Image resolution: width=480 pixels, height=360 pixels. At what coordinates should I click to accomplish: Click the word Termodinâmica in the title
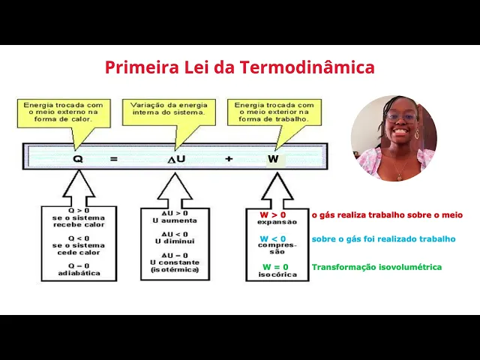[x=307, y=67]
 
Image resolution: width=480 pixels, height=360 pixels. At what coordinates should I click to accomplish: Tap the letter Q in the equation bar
[x=78, y=159]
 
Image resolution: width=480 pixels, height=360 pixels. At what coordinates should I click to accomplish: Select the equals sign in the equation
[x=115, y=159]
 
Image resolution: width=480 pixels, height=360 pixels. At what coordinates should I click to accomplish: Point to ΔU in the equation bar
[x=176, y=159]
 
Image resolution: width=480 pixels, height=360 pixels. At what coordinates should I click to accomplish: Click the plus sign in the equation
[x=229, y=159]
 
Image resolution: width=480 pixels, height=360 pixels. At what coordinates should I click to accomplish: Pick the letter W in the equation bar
[x=273, y=159]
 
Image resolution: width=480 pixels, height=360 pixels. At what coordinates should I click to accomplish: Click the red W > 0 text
[x=273, y=215]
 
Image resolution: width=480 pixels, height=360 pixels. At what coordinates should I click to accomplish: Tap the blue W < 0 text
[x=273, y=239]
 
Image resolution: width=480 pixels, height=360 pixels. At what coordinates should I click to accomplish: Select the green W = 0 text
[x=275, y=267]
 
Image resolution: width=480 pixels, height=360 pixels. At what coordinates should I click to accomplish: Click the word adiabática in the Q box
[x=79, y=273]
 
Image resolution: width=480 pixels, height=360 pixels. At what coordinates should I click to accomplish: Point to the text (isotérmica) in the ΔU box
[x=175, y=269]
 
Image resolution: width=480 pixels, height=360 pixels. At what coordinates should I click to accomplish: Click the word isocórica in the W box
[x=277, y=274]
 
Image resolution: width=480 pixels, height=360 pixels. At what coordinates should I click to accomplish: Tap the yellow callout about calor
[x=64, y=112]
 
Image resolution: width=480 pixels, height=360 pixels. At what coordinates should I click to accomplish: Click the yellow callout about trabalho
[x=274, y=112]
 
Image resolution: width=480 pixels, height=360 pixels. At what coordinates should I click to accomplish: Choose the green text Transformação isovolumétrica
[x=376, y=267]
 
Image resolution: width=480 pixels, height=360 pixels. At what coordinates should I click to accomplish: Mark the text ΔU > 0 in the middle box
[x=175, y=214]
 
